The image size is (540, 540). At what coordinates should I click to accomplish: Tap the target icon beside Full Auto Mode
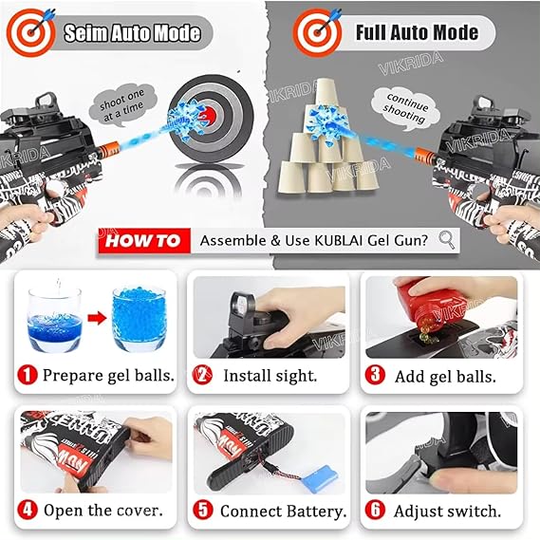tap(317, 32)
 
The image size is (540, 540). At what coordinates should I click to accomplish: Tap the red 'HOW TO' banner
tap(141, 241)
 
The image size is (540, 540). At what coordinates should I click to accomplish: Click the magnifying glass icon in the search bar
tap(447, 240)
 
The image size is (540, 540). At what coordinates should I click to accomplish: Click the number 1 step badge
tap(28, 375)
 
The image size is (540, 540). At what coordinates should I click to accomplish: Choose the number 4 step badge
tap(28, 511)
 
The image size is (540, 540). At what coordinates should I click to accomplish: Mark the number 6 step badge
tap(377, 511)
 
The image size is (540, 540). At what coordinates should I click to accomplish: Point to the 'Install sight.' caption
tap(269, 376)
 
